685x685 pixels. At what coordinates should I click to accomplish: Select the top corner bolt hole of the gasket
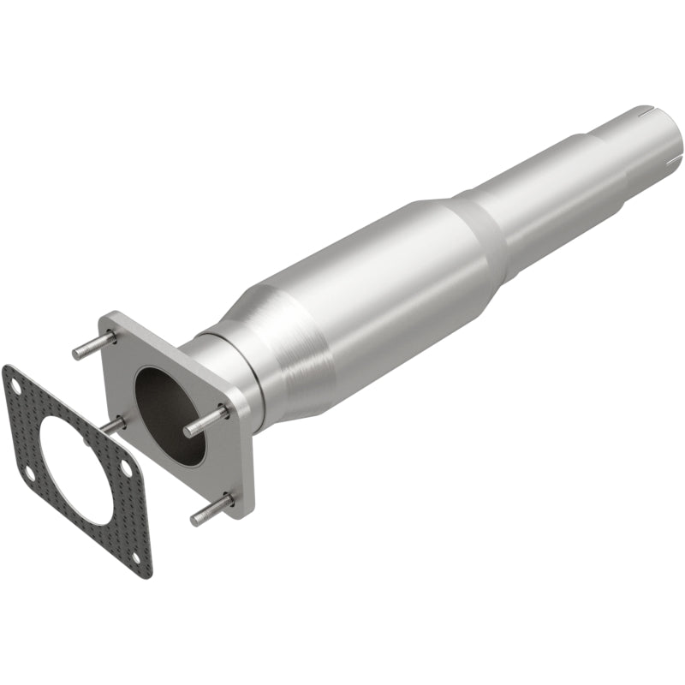pyautogui.click(x=12, y=378)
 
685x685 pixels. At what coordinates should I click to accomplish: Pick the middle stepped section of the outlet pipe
pyautogui.click(x=557, y=197)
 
